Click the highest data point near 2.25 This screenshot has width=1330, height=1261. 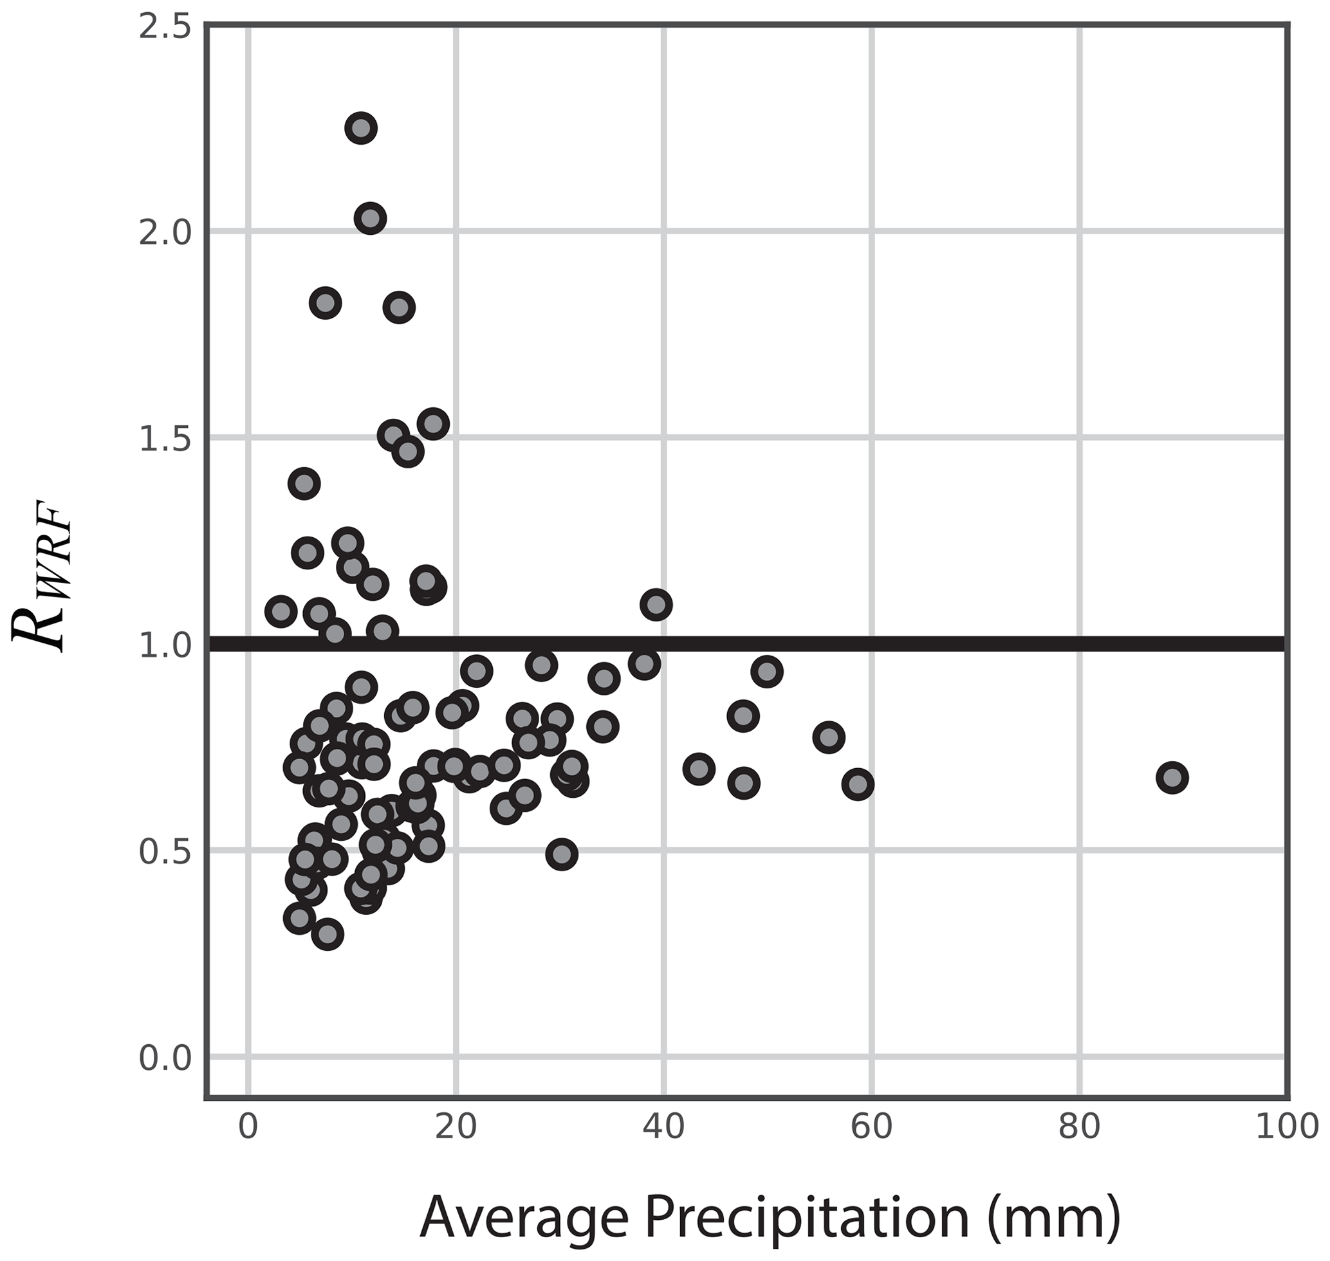[x=361, y=128]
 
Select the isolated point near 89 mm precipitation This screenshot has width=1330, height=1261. [x=1172, y=778]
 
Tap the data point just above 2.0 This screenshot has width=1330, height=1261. [x=370, y=219]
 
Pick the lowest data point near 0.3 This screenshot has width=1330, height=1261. [x=328, y=934]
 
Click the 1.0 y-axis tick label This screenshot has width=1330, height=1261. [x=165, y=645]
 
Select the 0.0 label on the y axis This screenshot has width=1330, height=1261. [x=165, y=1057]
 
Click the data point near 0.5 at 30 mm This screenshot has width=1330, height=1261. [x=562, y=854]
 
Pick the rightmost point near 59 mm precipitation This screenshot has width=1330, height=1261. [x=858, y=784]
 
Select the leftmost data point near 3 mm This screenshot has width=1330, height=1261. [x=281, y=612]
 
